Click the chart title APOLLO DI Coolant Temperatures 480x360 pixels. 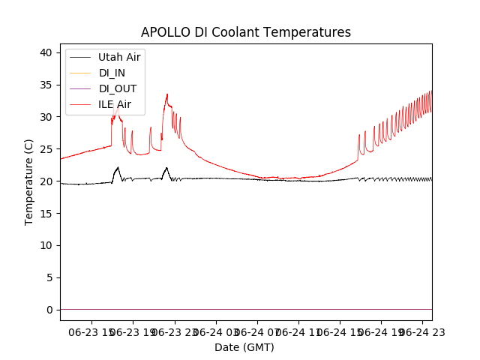point(246,32)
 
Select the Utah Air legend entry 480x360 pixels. point(119,57)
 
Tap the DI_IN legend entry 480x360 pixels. point(113,73)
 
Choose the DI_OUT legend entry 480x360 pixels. point(117,88)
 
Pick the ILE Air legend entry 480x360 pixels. point(115,104)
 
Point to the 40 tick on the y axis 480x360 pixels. point(46,52)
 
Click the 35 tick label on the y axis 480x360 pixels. point(46,85)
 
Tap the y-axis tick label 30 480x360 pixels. point(46,117)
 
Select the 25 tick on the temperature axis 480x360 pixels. point(46,149)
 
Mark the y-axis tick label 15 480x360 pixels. point(46,214)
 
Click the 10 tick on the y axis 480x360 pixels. point(46,245)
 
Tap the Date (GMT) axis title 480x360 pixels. point(244,347)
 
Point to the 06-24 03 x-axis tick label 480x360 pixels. point(215,331)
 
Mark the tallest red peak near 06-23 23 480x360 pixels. point(167,94)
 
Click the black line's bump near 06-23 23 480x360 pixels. point(166,168)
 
